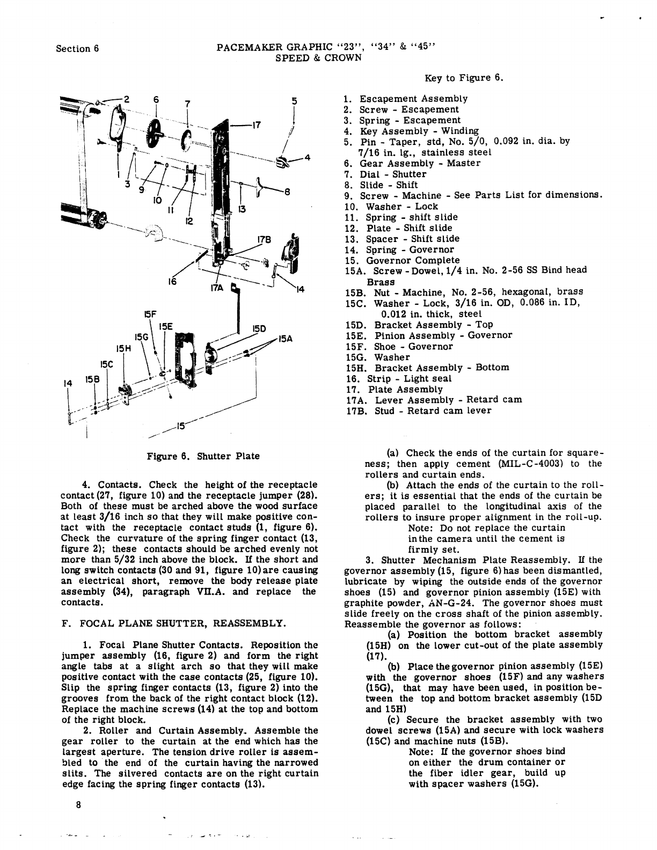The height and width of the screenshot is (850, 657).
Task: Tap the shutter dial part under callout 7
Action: pyautogui.click(x=186, y=141)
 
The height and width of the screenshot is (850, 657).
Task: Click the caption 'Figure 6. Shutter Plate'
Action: pyautogui.click(x=203, y=456)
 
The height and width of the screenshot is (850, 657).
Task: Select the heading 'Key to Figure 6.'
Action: pyautogui.click(x=464, y=78)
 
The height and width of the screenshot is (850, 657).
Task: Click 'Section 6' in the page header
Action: pyautogui.click(x=78, y=48)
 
